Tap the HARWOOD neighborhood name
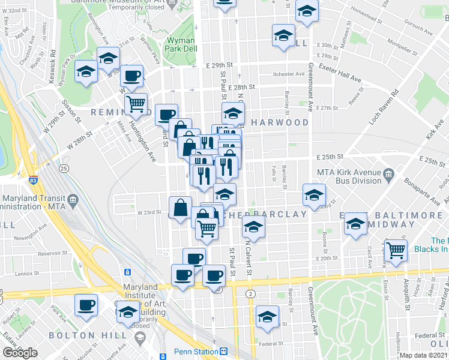(280, 122)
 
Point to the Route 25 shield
(63, 169)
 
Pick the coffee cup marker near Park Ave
(86, 304)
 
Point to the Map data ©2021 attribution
(424, 356)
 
